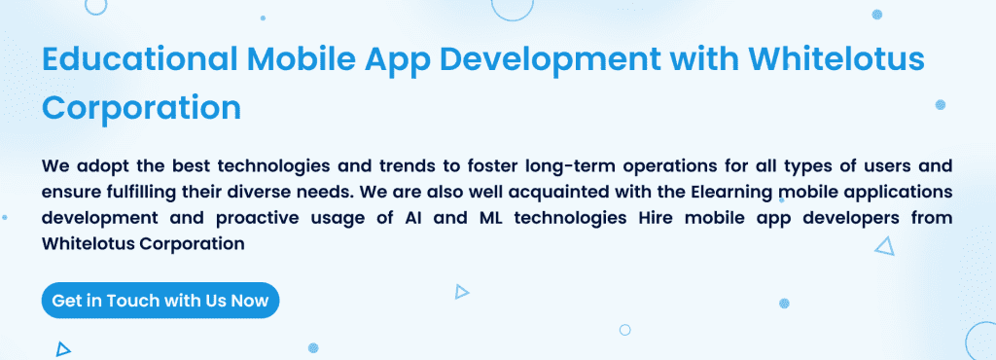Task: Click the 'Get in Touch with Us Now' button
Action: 160,301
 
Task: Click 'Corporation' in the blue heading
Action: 142,106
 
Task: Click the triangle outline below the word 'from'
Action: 884,247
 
